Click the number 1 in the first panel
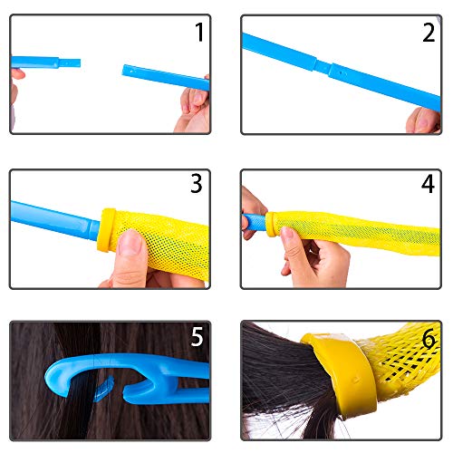click(199, 32)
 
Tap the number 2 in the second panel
click(429, 33)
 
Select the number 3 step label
click(197, 183)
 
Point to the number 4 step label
click(428, 183)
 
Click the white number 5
click(197, 336)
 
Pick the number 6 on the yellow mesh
click(429, 338)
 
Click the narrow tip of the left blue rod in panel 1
click(70, 63)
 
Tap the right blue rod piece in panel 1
click(166, 77)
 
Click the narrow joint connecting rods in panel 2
click(323, 66)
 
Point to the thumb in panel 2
click(423, 120)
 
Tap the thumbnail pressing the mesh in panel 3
click(130, 241)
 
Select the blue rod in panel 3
click(54, 220)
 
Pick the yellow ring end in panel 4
click(271, 224)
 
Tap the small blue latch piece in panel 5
click(103, 390)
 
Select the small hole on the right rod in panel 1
click(131, 72)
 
